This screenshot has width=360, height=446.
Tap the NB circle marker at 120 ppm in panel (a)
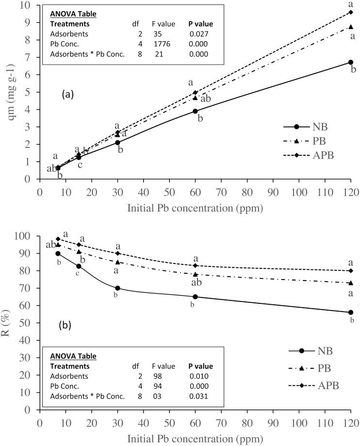(350, 62)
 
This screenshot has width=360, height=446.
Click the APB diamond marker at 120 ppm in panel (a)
(350, 12)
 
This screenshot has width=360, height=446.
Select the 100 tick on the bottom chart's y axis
(25, 236)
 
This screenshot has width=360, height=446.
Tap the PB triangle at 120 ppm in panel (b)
(350, 283)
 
